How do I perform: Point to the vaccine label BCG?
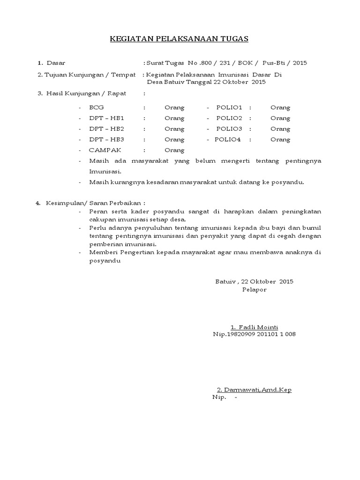[97, 108]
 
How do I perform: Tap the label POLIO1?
[229, 108]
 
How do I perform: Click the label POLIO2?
[229, 119]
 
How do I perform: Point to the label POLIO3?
[229, 129]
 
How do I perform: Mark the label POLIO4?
[227, 140]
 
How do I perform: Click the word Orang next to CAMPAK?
[174, 150]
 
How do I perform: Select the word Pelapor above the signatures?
[254, 290]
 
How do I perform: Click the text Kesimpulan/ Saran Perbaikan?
[96, 203]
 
